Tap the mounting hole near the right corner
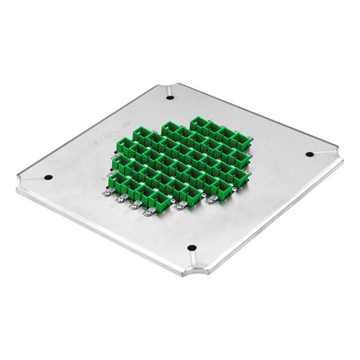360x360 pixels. [310, 154]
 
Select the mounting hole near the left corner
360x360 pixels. [48, 178]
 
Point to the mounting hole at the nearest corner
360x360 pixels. [192, 248]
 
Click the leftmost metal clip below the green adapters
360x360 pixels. [107, 193]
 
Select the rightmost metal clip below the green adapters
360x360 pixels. [211, 200]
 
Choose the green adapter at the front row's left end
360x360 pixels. [116, 181]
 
